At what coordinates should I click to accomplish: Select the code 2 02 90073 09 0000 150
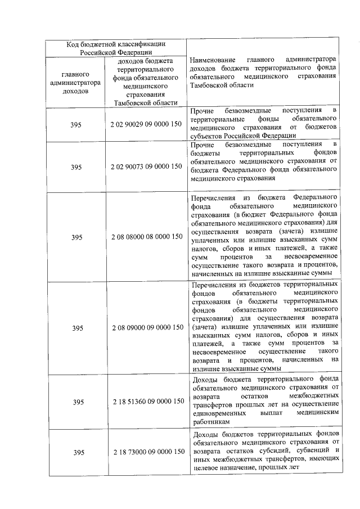[146, 166]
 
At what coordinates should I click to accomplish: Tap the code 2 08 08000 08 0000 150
[146, 237]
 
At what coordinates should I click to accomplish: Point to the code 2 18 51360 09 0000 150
[146, 402]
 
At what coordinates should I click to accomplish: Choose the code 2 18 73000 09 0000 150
[146, 452]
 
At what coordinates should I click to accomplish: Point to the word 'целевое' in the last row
[205, 467]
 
